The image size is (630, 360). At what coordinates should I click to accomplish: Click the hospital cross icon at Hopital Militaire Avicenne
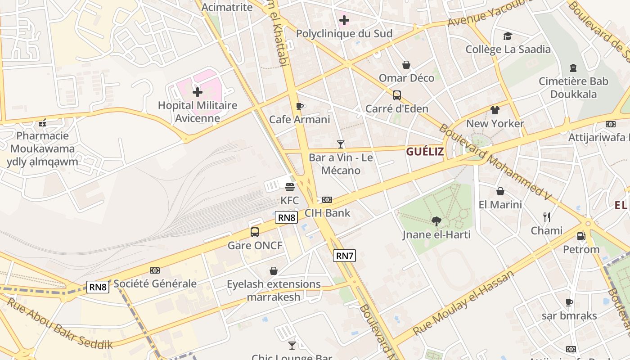197,92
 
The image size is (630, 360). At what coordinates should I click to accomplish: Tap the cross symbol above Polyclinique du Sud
344,20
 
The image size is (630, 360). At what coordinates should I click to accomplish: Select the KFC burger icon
289,187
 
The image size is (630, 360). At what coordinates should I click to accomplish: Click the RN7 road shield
344,256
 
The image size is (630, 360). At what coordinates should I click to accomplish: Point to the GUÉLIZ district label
425,152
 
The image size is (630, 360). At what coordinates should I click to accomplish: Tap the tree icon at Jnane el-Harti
436,221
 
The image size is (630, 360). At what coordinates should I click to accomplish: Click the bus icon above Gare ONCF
255,232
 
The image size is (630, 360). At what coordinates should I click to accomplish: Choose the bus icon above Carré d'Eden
396,95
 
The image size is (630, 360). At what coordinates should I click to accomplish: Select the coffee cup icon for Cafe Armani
300,106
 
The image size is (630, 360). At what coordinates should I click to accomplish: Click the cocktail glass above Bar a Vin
341,144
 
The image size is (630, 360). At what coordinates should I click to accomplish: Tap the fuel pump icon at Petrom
581,236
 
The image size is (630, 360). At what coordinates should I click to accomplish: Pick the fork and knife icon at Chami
546,217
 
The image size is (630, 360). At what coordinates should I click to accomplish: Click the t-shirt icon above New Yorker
495,110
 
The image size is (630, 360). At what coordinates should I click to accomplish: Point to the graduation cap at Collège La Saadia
508,36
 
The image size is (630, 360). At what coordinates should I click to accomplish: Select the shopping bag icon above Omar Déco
406,65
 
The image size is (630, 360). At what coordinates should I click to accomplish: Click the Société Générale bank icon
155,270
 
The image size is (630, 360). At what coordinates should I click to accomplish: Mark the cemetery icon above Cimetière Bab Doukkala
573,68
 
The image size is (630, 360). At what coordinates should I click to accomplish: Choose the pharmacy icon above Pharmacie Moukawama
42,122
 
